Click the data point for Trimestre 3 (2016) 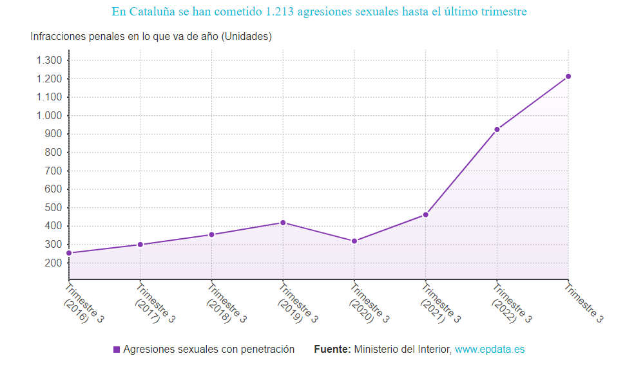(x=69, y=253)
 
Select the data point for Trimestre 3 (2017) (x=140, y=245)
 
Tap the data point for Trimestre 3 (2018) (x=211, y=234)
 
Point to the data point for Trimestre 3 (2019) (x=283, y=223)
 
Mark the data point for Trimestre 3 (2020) (x=354, y=241)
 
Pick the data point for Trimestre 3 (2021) (x=425, y=214)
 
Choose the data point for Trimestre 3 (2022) (x=497, y=129)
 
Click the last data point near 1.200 (x=568, y=77)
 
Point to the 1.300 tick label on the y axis (x=49, y=61)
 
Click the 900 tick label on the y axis (x=53, y=134)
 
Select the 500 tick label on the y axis (x=53, y=208)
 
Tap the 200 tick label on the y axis (x=53, y=263)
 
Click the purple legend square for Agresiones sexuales (x=117, y=350)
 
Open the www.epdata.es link (x=490, y=350)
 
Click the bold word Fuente (x=332, y=350)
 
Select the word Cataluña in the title (x=153, y=12)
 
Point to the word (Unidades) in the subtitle (x=246, y=37)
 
